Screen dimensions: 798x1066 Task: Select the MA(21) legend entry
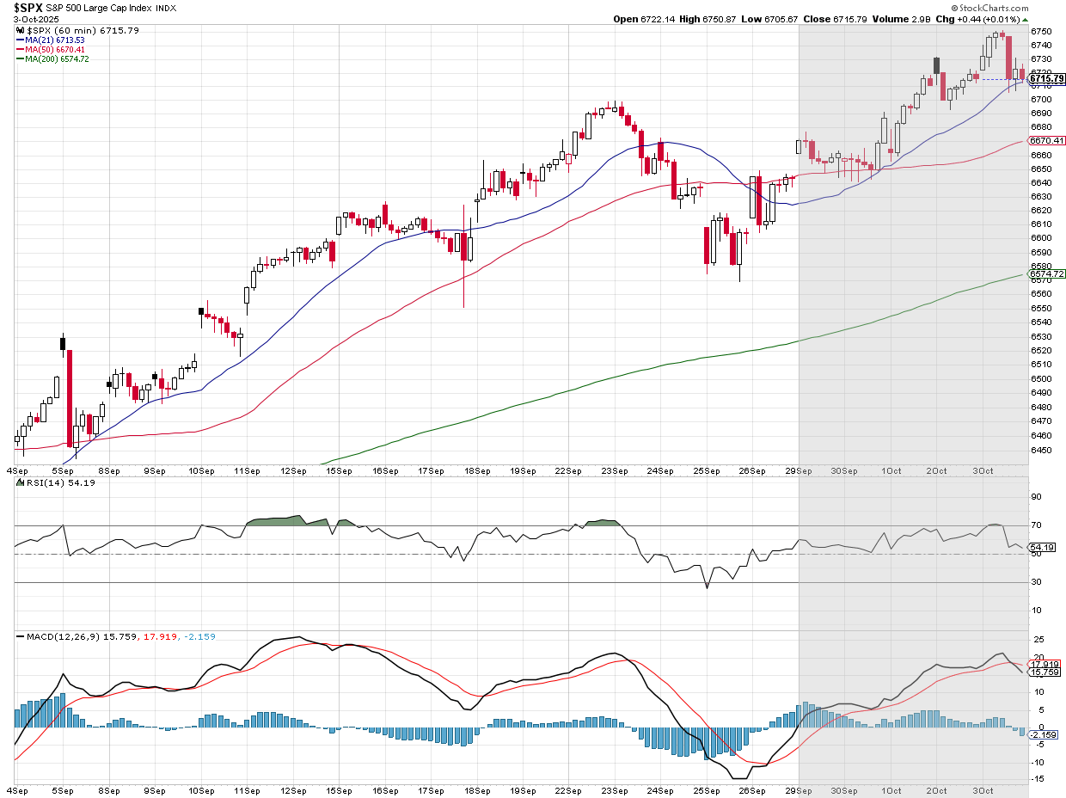52,40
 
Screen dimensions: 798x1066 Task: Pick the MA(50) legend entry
52,49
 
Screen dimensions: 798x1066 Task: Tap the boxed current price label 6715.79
1047,79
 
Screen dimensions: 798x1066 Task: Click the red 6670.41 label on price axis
1047,140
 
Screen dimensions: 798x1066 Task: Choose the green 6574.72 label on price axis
1047,273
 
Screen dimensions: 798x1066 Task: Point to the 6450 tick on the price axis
1040,449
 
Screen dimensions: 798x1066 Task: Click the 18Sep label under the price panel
476,470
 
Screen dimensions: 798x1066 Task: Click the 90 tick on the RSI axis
1037,497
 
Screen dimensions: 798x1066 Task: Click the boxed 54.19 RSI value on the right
1043,547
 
